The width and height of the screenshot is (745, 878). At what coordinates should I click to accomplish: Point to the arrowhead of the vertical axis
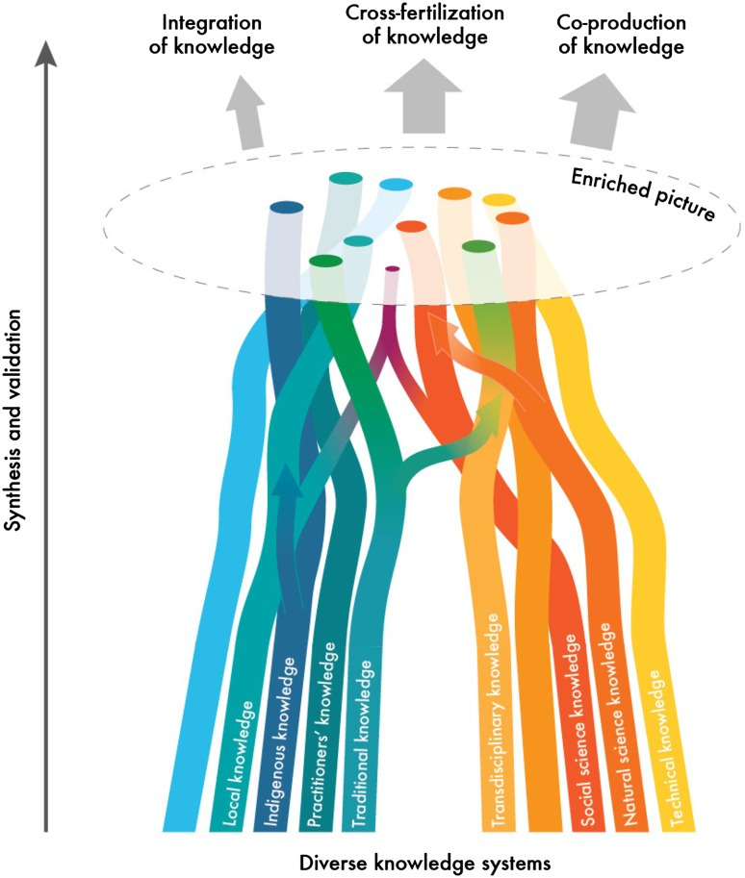point(46,56)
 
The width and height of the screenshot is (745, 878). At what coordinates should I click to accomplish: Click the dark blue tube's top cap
point(287,207)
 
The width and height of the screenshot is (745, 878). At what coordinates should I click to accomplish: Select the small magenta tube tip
point(392,270)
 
